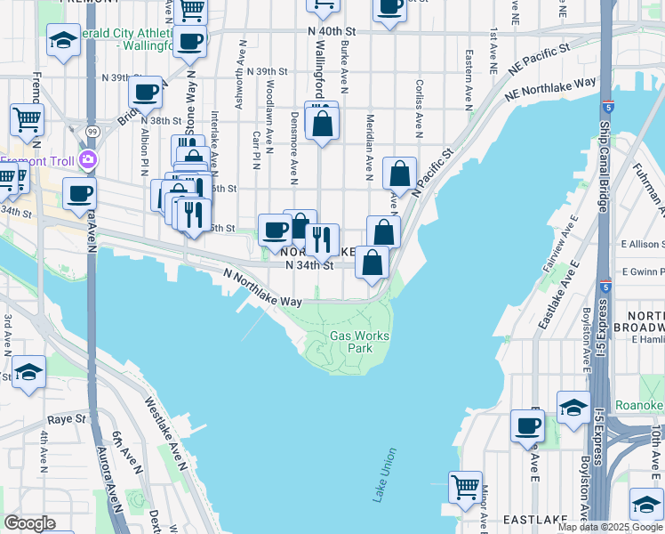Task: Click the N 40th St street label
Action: click(x=331, y=31)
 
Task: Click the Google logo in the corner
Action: click(x=29, y=522)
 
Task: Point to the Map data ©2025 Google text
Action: click(x=610, y=527)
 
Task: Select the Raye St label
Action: click(x=67, y=418)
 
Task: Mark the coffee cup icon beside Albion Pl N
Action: click(x=145, y=91)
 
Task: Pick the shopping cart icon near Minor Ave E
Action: click(x=465, y=487)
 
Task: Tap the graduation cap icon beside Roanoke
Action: click(x=573, y=407)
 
